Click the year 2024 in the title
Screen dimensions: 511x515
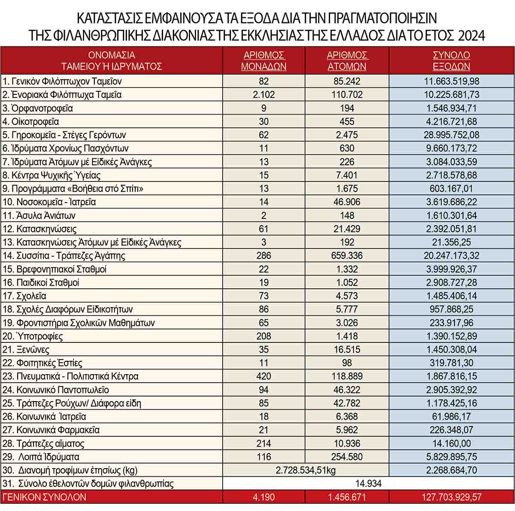click(x=472, y=35)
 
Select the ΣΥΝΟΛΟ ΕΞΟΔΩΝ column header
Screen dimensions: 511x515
click(x=451, y=60)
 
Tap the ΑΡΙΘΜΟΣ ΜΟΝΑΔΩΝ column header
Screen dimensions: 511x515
click(x=264, y=60)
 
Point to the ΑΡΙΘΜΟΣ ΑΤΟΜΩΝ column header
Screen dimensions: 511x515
click(x=347, y=60)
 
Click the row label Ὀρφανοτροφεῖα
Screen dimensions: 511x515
click(x=38, y=108)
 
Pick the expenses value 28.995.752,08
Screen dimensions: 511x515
click(x=451, y=135)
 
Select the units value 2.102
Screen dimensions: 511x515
click(x=264, y=95)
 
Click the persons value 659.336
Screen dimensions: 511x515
click(x=347, y=256)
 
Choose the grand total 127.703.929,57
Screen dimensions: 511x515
click(x=451, y=497)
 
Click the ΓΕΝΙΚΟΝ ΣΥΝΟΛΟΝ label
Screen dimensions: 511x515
click(x=45, y=497)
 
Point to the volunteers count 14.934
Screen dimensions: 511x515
click(x=368, y=484)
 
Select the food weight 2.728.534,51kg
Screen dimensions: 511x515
click(x=306, y=470)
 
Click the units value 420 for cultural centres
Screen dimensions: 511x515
click(x=264, y=376)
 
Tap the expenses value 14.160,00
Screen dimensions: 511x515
click(x=451, y=443)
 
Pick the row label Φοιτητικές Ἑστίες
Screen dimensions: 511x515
click(x=42, y=363)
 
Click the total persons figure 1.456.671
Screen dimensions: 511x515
click(x=347, y=497)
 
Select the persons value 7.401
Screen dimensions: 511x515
click(x=347, y=175)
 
